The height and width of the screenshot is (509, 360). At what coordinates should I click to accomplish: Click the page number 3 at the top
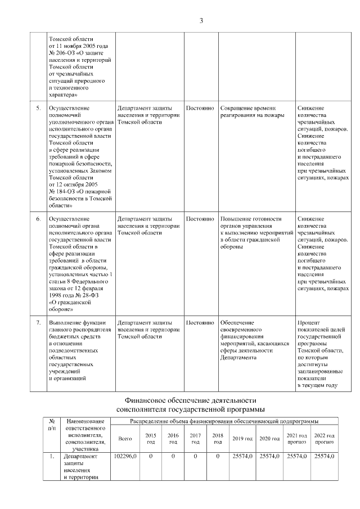[x=201, y=21]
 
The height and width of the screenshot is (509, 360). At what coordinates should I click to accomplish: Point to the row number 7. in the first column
[x=38, y=323]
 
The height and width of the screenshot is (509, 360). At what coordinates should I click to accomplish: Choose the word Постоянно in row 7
[x=200, y=323]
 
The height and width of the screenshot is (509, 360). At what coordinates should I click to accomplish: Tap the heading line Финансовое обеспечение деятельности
[x=190, y=400]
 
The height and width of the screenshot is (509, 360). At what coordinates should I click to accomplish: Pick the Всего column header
[x=125, y=439]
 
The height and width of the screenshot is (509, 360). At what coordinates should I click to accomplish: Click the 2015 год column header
[x=151, y=439]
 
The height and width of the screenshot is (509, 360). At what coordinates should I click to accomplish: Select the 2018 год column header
[x=218, y=439]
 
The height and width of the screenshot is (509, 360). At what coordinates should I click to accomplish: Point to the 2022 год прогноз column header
[x=324, y=439]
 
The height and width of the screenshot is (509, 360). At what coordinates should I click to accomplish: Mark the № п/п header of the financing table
[x=52, y=425]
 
